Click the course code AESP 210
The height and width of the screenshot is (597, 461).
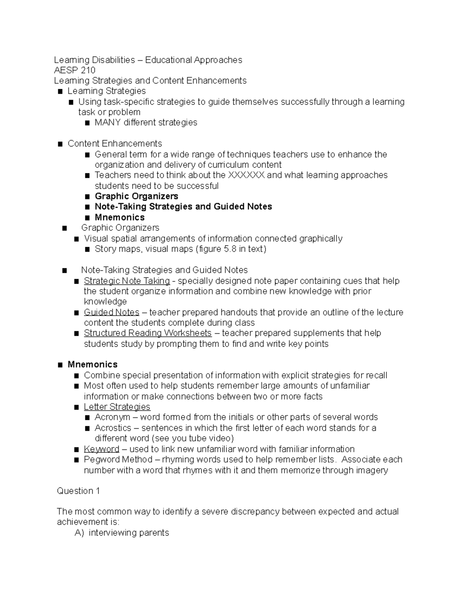click(x=75, y=70)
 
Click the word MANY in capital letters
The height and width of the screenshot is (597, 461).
click(x=108, y=123)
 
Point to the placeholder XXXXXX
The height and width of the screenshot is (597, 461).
click(x=246, y=175)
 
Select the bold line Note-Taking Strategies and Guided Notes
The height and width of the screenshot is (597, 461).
click(x=183, y=207)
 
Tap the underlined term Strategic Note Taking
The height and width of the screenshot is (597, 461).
click(x=127, y=281)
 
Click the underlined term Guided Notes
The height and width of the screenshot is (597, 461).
click(x=111, y=313)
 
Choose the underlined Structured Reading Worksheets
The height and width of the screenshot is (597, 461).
click(x=148, y=333)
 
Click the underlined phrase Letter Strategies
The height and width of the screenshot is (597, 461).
click(x=117, y=407)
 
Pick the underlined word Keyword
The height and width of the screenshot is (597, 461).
click(x=101, y=449)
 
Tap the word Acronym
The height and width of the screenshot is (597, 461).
click(x=112, y=417)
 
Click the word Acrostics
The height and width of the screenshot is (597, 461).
click(x=113, y=428)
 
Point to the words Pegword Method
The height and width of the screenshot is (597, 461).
click(x=118, y=460)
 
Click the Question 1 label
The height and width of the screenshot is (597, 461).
click(x=78, y=491)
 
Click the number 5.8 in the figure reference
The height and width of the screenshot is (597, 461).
click(x=230, y=249)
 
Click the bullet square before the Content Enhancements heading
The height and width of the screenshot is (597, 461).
click(x=60, y=144)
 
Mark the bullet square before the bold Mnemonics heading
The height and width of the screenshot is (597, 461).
click(x=60, y=365)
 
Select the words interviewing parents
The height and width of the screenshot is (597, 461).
click(x=129, y=533)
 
